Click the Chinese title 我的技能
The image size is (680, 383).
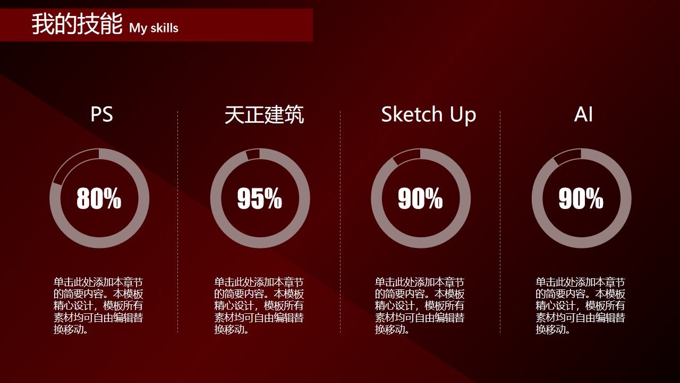point(77,24)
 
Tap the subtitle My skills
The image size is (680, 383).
point(154,28)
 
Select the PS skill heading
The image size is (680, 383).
point(101,114)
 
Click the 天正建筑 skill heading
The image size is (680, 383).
point(264,115)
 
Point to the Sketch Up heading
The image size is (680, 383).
point(429,115)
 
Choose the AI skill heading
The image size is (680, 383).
point(583,114)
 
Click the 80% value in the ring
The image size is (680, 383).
point(99,198)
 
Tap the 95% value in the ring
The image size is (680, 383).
point(259,198)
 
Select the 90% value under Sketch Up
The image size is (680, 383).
point(420,198)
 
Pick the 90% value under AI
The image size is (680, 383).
point(581,198)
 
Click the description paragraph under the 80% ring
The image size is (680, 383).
point(98,306)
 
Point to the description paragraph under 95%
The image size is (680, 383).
point(259,306)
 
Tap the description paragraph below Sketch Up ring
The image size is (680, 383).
point(420,306)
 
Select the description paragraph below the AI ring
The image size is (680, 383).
point(580,306)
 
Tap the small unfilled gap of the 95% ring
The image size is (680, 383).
point(253,154)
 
